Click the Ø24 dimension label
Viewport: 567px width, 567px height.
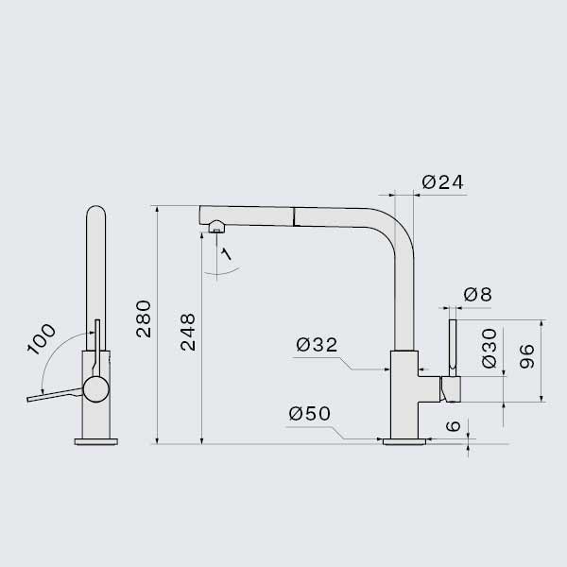[442, 182]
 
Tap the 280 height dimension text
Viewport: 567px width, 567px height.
[144, 319]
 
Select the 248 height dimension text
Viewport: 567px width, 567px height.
[188, 333]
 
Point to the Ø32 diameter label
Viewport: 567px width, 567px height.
[317, 345]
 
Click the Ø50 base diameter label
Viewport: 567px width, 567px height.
[310, 414]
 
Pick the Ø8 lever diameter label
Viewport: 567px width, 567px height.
[477, 295]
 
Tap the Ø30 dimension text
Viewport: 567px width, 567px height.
[490, 348]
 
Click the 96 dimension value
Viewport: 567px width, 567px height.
[527, 356]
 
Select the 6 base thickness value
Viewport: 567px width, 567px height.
[454, 425]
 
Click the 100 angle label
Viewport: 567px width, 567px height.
[42, 339]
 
